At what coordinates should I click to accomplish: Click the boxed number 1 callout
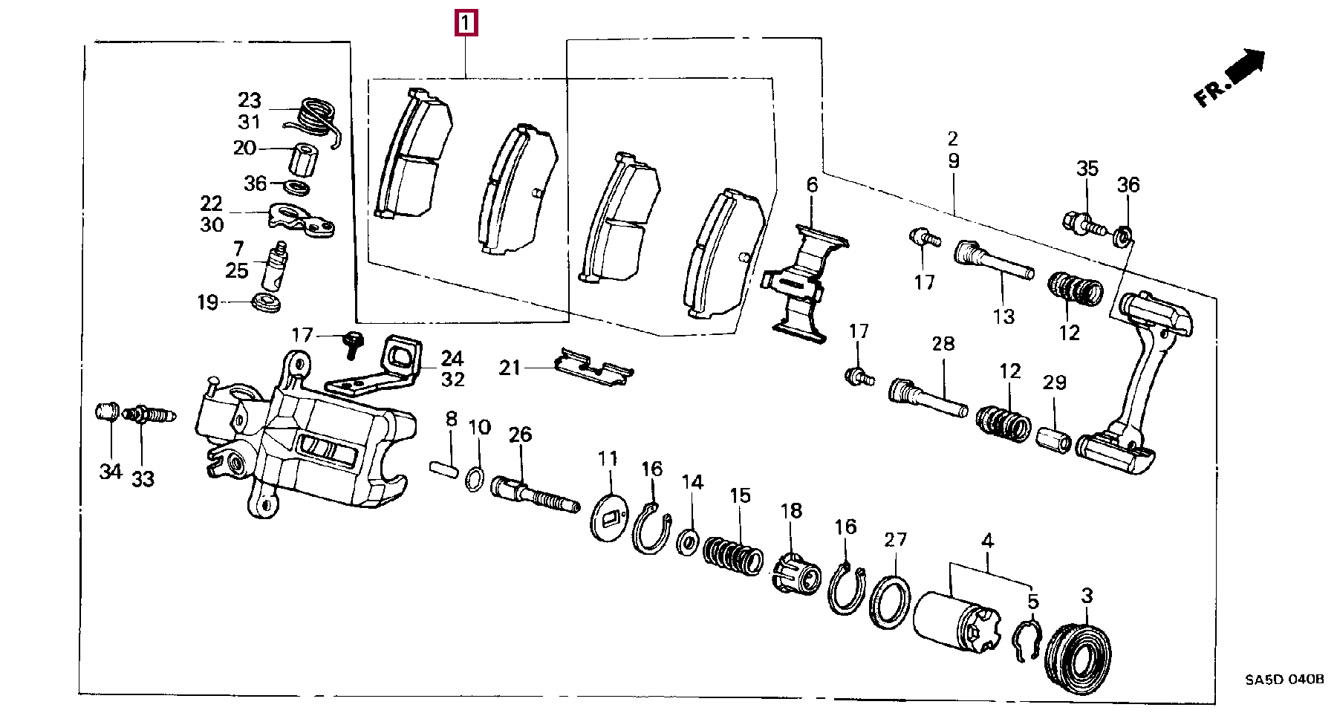click(465, 25)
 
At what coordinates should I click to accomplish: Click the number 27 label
click(895, 539)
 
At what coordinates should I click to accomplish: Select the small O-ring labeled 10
click(474, 479)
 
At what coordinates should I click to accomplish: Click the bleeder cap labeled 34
click(108, 411)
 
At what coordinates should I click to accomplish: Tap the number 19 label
click(207, 302)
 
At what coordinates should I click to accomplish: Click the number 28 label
click(943, 344)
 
